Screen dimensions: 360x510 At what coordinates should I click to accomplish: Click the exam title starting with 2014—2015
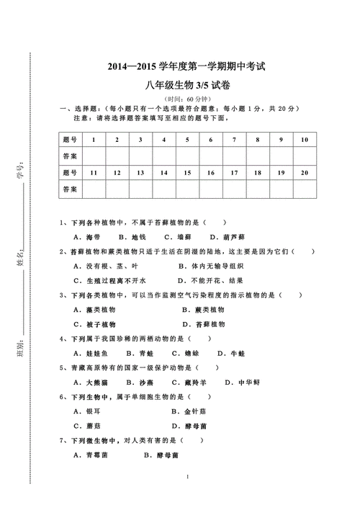point(186,67)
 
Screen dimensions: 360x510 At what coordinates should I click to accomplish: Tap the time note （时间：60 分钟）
point(186,98)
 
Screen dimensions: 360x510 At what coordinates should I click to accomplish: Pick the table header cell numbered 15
point(187,173)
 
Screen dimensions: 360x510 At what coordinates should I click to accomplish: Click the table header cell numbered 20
point(305,173)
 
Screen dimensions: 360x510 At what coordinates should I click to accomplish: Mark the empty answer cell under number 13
point(140,189)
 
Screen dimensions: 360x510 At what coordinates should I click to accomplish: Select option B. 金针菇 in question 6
point(191,411)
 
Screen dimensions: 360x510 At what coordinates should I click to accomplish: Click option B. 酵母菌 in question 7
point(162,455)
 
